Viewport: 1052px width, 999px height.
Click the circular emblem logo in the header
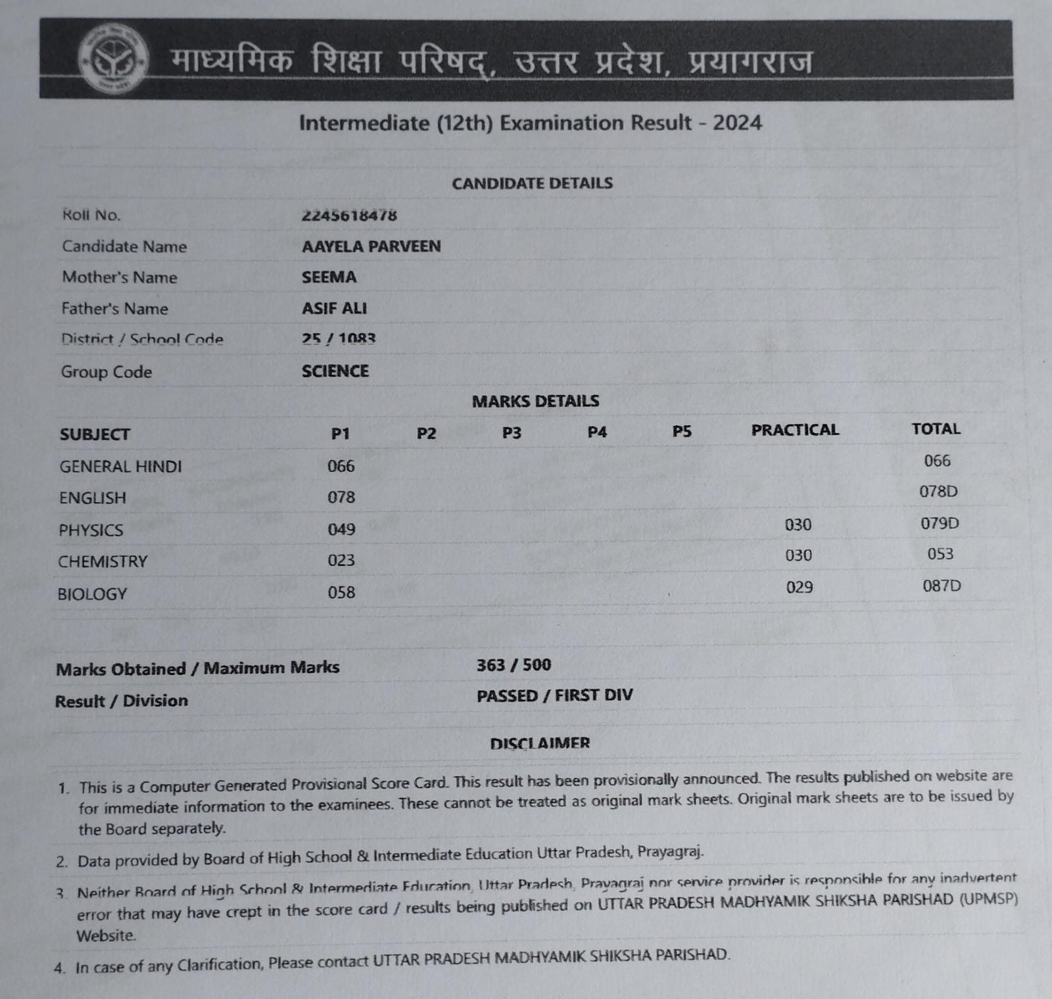112,60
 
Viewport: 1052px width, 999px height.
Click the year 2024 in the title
737,123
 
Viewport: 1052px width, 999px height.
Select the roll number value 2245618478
349,215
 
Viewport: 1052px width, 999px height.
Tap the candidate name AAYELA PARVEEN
371,246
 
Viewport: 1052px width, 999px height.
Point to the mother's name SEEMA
329,277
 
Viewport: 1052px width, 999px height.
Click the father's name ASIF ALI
334,308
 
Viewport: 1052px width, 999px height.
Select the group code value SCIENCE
335,371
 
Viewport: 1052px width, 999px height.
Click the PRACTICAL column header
795,430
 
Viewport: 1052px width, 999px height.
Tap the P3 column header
512,432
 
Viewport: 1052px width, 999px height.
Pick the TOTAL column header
936,429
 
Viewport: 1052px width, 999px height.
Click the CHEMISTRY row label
103,562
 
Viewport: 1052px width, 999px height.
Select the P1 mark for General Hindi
341,466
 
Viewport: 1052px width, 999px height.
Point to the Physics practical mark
798,524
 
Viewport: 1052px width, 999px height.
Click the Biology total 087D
942,586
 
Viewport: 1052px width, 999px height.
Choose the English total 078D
938,492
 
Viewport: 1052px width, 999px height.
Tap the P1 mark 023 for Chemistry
341,560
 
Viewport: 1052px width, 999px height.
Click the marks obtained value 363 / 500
514,665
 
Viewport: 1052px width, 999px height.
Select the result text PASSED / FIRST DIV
554,695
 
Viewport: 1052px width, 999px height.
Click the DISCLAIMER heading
540,743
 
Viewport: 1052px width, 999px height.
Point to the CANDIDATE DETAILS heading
532,183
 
